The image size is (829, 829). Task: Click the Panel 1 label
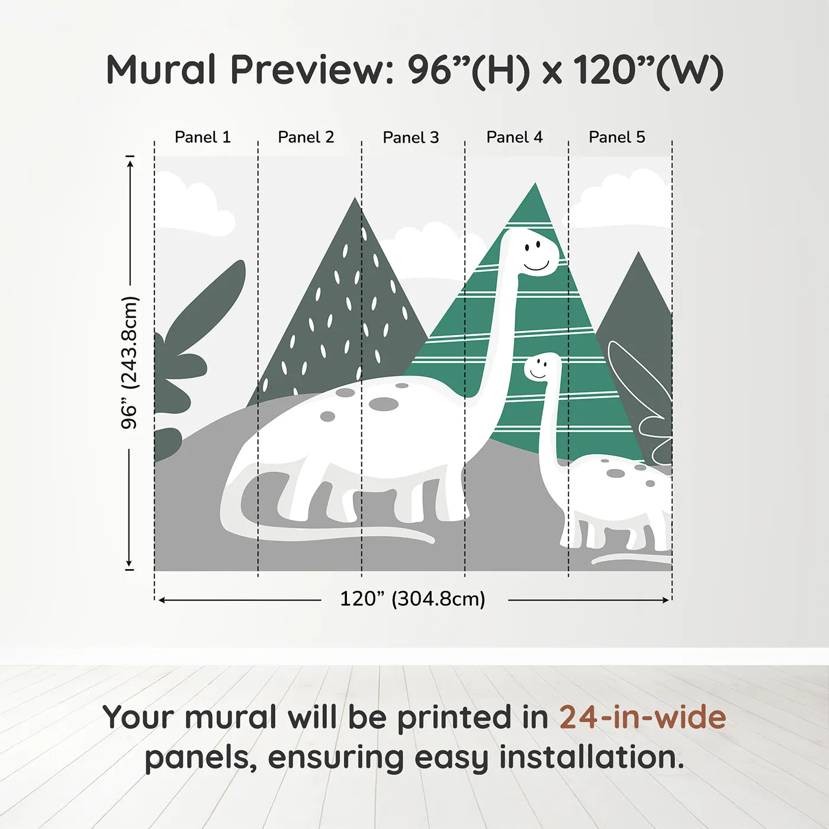pyautogui.click(x=203, y=137)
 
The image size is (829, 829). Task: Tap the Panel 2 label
pyautogui.click(x=306, y=137)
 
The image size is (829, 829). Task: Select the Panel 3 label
pyautogui.click(x=411, y=137)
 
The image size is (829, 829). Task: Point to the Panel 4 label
pyautogui.click(x=515, y=137)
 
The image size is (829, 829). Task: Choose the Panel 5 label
pyautogui.click(x=617, y=137)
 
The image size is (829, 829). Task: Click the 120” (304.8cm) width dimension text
pyautogui.click(x=413, y=599)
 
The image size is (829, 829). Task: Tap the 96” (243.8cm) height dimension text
pyautogui.click(x=130, y=362)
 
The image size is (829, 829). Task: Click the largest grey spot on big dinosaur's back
pyautogui.click(x=384, y=404)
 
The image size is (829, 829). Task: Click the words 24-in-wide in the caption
pyautogui.click(x=642, y=717)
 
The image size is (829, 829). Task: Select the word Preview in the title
pyautogui.click(x=308, y=70)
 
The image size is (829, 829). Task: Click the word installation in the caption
pyautogui.click(x=592, y=757)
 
